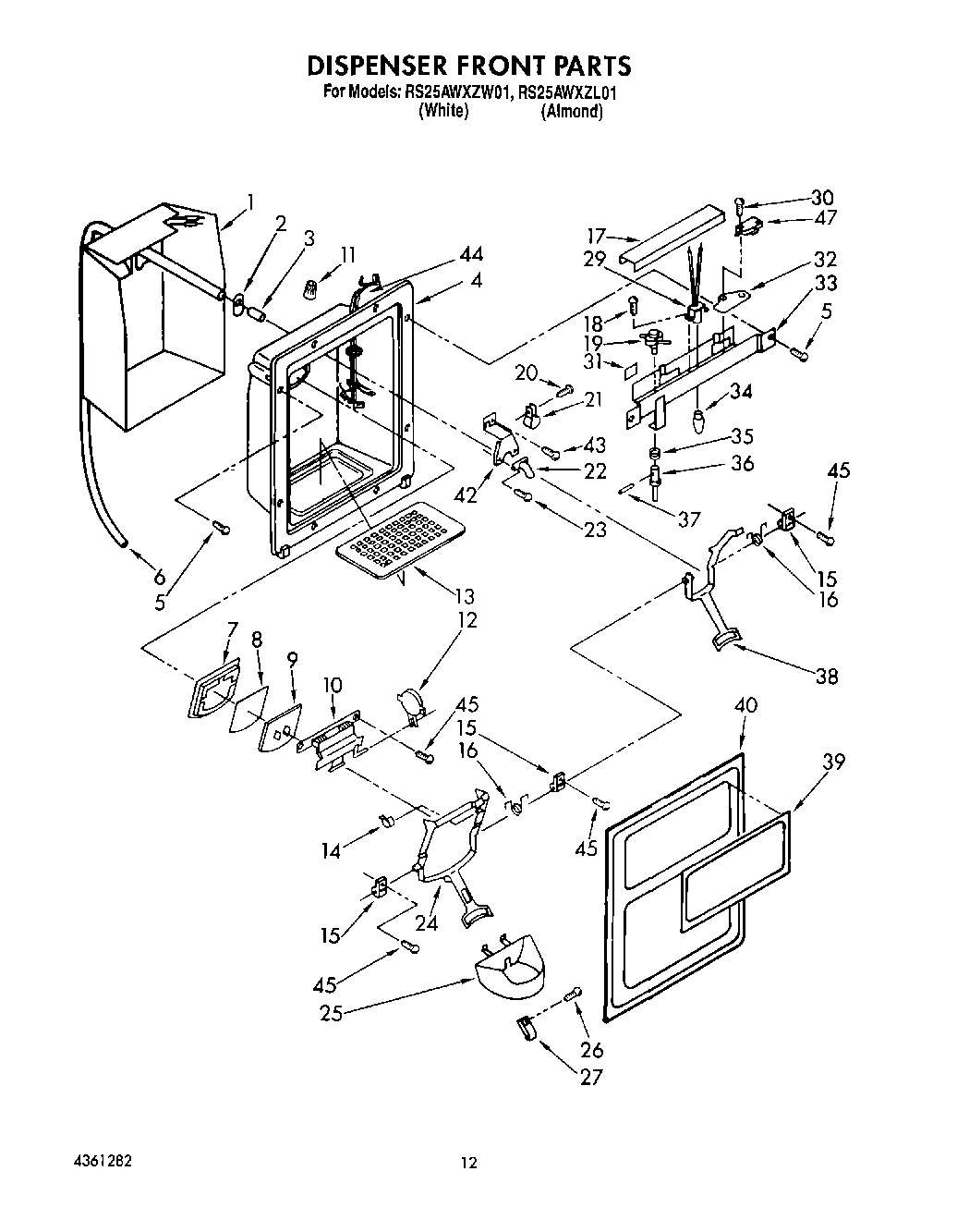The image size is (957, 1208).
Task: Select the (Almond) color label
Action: [x=572, y=111]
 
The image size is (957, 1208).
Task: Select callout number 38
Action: [x=826, y=676]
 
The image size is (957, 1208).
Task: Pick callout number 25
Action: [x=331, y=1013]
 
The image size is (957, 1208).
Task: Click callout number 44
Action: [x=470, y=254]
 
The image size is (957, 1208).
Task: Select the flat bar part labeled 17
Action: [x=670, y=237]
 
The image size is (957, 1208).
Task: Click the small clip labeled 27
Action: [x=524, y=1028]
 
